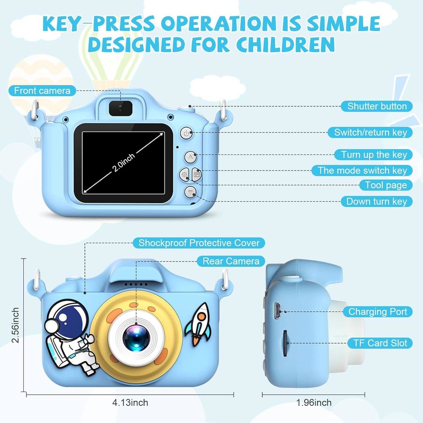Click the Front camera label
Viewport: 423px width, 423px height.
click(42, 91)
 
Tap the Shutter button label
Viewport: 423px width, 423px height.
click(377, 106)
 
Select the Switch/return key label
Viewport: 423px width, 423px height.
click(370, 133)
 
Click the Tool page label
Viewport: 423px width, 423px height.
click(386, 185)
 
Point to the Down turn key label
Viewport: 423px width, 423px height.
click(377, 201)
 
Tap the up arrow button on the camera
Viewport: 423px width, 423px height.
click(191, 157)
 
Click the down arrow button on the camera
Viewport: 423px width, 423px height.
click(190, 193)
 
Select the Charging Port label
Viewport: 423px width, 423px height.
click(378, 312)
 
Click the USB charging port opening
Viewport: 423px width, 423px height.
click(277, 311)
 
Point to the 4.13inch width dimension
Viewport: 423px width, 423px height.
click(130, 403)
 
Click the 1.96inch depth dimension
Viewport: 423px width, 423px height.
click(314, 403)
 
